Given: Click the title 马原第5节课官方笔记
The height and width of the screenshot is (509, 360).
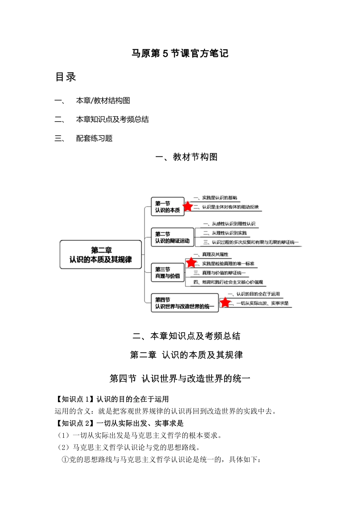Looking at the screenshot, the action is point(180,53).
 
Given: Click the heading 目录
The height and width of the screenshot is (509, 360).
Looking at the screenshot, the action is point(66,77).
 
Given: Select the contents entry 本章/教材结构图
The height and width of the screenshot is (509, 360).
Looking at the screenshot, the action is point(103,100).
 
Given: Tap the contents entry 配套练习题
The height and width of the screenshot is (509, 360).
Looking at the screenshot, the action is point(94,138).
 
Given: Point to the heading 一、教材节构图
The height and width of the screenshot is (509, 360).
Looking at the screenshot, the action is point(186,157).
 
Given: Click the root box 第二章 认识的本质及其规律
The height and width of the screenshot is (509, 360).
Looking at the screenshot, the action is point(101,255).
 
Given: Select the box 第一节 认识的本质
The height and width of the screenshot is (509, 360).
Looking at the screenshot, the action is point(167,207).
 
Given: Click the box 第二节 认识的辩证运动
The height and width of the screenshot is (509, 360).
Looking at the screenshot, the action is point(172,237).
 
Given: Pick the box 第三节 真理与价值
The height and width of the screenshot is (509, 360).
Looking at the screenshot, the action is point(167,273).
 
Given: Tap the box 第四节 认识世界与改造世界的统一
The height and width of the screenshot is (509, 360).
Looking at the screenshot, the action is point(185,303).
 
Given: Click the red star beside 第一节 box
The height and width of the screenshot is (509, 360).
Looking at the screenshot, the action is point(188,206).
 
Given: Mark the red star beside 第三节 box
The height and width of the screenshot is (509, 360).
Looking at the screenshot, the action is point(191,262).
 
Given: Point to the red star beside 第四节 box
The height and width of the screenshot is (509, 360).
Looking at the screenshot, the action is point(225,302).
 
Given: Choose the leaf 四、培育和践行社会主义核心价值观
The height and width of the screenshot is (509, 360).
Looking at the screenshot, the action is point(228,282).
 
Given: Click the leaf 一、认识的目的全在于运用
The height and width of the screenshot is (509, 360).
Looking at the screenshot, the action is point(254,294).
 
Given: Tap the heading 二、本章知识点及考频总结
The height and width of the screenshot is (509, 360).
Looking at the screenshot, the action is point(186,336).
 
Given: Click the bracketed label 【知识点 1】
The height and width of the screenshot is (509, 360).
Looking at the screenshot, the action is point(74,399).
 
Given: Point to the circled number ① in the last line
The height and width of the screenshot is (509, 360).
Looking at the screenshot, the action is point(65,460).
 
